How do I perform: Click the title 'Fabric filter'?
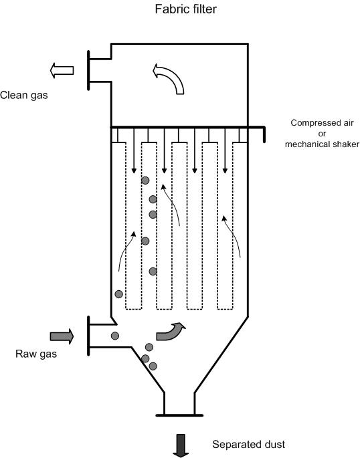click(x=185, y=9)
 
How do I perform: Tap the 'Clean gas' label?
click(x=24, y=95)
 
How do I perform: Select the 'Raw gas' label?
click(x=36, y=354)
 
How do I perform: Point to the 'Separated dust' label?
click(x=249, y=444)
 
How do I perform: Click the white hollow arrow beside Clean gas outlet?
click(x=62, y=70)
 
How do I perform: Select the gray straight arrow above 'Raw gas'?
click(x=62, y=336)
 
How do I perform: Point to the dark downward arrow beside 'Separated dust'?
click(x=181, y=445)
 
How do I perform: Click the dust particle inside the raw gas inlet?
click(x=115, y=336)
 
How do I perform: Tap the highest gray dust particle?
click(x=145, y=181)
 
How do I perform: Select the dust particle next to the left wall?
click(x=118, y=294)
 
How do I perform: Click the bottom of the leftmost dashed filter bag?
click(x=134, y=309)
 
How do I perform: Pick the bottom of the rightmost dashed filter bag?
click(x=225, y=309)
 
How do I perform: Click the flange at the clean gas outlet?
click(x=88, y=70)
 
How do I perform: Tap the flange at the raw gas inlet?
click(x=88, y=336)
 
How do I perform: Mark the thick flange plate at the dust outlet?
click(x=179, y=415)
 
